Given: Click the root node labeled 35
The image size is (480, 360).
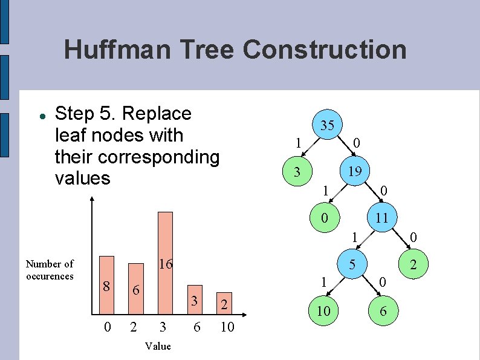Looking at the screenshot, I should pyautogui.click(x=327, y=125).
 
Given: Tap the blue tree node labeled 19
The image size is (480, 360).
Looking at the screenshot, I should pyautogui.click(x=355, y=171).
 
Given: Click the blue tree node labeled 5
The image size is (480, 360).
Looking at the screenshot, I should pyautogui.click(x=350, y=264).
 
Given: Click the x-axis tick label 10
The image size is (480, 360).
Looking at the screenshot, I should pyautogui.click(x=227, y=327).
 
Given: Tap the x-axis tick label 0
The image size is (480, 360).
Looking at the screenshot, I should pyautogui.click(x=108, y=327).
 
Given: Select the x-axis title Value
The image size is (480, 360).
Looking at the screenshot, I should pyautogui.click(x=158, y=346).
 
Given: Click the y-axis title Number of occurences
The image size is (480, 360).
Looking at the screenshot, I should pyautogui.click(x=50, y=270).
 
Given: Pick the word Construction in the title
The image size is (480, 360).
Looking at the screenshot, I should pyautogui.click(x=325, y=50).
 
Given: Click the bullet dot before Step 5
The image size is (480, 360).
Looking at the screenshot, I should pyautogui.click(x=39, y=115).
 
